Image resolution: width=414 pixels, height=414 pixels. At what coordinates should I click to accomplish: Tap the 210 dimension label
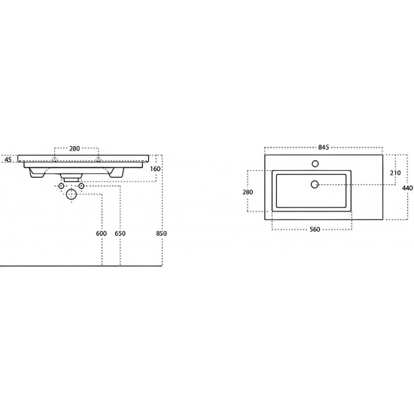[394, 173]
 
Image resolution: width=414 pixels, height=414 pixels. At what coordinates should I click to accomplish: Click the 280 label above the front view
[75, 148]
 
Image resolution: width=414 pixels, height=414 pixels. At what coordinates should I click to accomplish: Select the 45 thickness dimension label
[8, 160]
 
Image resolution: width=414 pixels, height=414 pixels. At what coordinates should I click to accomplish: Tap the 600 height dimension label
[102, 234]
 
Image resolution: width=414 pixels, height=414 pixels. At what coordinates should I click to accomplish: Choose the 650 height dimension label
[120, 234]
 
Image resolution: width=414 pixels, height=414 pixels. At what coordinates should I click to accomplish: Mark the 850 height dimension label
[160, 234]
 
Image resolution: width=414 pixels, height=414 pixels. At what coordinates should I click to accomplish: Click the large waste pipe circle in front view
[72, 195]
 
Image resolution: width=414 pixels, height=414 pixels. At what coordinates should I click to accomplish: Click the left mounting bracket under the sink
[35, 173]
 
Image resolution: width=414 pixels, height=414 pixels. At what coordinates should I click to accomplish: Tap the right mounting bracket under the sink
[116, 173]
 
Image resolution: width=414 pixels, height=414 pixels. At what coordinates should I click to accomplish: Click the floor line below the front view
[45, 266]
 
